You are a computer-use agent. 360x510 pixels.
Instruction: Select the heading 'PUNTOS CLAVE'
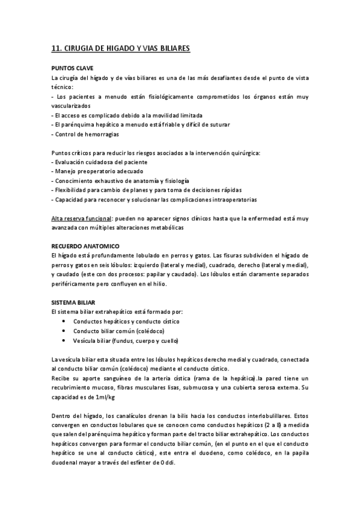(72, 68)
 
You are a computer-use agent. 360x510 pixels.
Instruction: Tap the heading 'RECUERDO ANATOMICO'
(85, 246)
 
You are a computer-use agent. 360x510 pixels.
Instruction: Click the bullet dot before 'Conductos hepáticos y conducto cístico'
(64, 321)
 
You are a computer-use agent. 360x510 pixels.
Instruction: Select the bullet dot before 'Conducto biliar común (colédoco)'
(64, 331)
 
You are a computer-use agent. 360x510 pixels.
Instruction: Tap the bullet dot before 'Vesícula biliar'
(64, 340)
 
